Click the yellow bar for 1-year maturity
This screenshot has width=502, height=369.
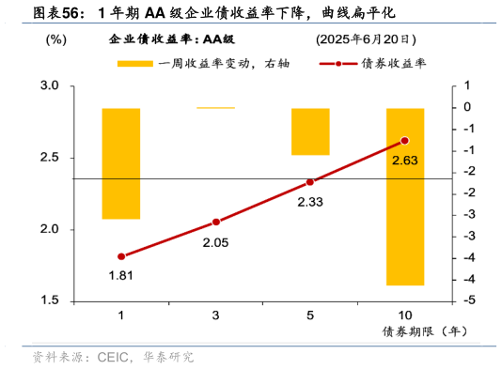(121, 163)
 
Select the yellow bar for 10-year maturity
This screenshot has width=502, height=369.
(405, 196)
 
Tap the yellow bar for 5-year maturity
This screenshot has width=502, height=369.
(310, 131)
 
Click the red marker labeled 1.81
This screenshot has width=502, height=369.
(121, 256)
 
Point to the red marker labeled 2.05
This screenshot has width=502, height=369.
(216, 222)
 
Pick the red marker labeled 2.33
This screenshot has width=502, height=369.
(310, 182)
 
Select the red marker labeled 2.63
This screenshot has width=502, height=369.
(405, 141)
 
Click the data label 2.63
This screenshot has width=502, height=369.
(405, 160)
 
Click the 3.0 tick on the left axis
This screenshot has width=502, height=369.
(49, 86)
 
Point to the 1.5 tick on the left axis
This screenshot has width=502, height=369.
(49, 300)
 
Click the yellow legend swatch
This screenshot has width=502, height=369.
(134, 64)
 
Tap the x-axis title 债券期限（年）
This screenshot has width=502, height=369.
(423, 331)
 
